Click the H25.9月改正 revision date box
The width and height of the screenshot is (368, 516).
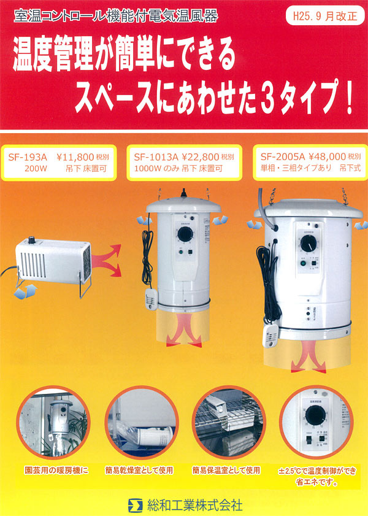click(325, 16)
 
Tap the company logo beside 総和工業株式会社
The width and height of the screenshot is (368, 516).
click(134, 506)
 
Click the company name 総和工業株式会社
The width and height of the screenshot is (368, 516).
click(195, 506)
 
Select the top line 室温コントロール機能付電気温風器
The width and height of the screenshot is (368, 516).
click(117, 17)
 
